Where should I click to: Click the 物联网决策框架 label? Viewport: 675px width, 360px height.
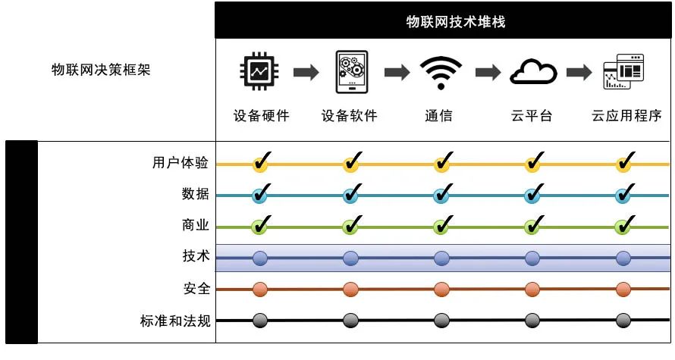pos(101,70)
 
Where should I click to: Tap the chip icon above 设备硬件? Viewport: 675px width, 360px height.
pos(259,72)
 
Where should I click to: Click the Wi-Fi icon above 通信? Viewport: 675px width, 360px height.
pos(441,72)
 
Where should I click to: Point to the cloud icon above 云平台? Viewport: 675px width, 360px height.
pos(532,72)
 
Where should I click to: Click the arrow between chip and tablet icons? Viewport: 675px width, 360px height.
pos(306,73)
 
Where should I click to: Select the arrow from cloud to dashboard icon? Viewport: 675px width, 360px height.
pos(579,73)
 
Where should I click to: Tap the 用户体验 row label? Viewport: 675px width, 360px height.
pos(180,163)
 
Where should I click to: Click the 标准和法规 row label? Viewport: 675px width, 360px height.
pos(170,321)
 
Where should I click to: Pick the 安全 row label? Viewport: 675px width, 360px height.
pos(196,290)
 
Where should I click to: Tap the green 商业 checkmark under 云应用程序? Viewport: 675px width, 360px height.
pos(624,225)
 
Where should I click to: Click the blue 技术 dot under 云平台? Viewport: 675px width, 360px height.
pos(532,258)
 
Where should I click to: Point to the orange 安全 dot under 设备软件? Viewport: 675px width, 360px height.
pos(350,290)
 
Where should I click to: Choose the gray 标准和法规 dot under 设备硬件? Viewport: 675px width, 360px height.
pos(259,321)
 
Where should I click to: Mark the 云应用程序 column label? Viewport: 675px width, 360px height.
pos(626,116)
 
